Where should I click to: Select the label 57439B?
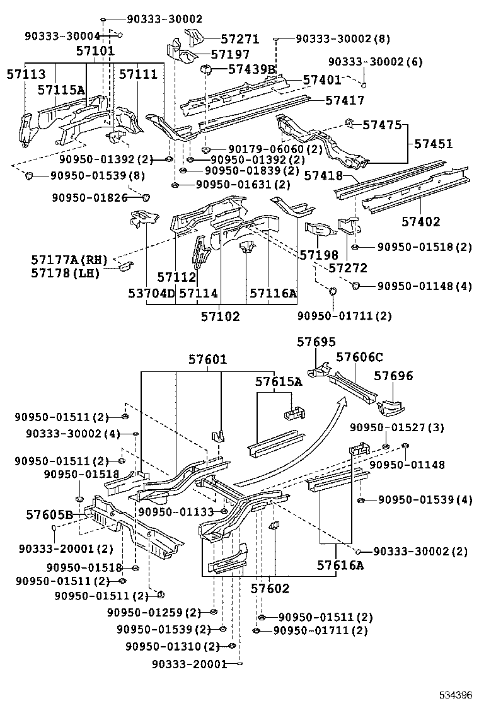(x=251, y=69)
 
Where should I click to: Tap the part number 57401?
(x=321, y=80)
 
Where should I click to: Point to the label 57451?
(x=433, y=144)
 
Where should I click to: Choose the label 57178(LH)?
(x=65, y=273)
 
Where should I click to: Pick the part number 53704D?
(x=151, y=293)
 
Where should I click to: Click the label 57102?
(x=220, y=316)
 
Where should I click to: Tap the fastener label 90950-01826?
(x=89, y=198)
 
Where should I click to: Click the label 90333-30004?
(x=62, y=36)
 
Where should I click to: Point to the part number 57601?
(x=207, y=359)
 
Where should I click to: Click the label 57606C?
(x=359, y=357)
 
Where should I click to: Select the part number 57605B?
(x=50, y=514)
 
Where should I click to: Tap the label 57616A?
(x=340, y=565)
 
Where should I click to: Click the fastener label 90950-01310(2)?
(x=172, y=646)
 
